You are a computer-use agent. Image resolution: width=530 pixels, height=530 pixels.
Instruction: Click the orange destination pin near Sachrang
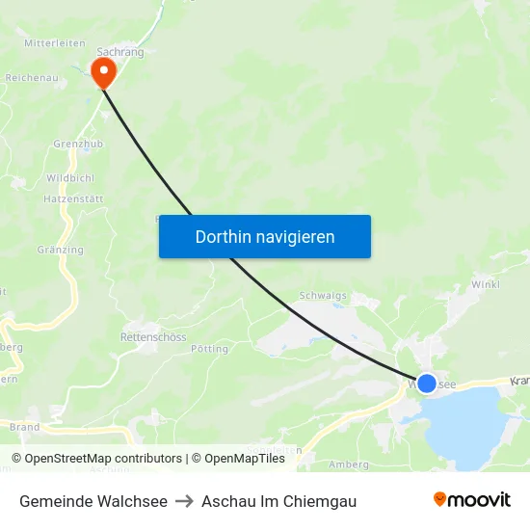tap(102, 70)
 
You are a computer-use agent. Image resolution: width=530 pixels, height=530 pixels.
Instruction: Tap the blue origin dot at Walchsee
tap(426, 384)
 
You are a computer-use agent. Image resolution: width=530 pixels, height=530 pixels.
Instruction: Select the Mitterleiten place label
tap(55, 43)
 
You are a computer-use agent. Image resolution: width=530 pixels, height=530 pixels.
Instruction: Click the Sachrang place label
tap(120, 52)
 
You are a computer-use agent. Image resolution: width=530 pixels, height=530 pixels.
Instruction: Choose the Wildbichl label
tap(70, 179)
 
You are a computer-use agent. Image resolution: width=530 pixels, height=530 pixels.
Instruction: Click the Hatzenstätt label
tap(73, 199)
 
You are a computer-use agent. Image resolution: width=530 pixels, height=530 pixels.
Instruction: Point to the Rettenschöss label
tap(152, 337)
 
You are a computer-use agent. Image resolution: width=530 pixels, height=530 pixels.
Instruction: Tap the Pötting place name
tap(209, 349)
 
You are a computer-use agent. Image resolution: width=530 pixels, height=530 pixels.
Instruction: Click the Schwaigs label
tap(323, 297)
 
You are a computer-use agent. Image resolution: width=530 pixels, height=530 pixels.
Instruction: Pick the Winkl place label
tap(485, 285)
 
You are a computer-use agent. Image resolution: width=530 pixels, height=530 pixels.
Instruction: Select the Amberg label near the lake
tap(348, 464)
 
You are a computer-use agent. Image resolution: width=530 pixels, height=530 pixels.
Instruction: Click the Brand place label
tap(24, 427)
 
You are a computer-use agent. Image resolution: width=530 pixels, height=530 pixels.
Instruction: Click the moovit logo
tap(471, 500)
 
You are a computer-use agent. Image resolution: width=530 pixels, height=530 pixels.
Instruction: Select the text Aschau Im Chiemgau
tap(278, 501)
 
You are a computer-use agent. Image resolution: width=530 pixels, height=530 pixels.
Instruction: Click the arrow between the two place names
tap(184, 501)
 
